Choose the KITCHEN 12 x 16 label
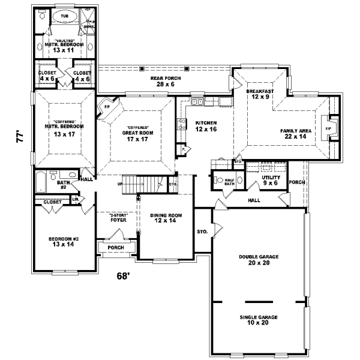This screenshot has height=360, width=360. [x=205, y=126]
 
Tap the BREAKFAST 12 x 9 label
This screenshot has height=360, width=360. [x=260, y=94]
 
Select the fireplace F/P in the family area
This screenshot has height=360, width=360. [x=328, y=128]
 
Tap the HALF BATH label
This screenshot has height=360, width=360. [x=229, y=182]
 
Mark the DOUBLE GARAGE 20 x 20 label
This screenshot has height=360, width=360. [x=258, y=260]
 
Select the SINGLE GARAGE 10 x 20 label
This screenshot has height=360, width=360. [x=258, y=320]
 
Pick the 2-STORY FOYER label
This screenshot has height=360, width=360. [x=118, y=217]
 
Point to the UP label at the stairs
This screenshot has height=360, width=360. [x=120, y=184]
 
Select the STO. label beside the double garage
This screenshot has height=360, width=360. [x=202, y=231]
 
